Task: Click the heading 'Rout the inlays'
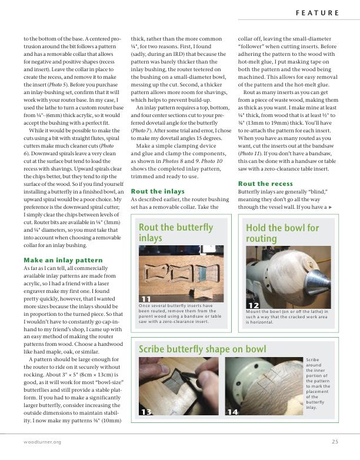point(158,191)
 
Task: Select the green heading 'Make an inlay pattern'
point(63,260)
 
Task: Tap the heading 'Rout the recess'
point(265,184)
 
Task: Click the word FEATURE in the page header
point(316,12)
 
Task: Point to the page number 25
point(335,442)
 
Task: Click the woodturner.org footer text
point(39,442)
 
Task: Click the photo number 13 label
point(146,412)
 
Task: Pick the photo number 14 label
point(232,412)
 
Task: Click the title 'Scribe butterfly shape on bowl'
point(202,349)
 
